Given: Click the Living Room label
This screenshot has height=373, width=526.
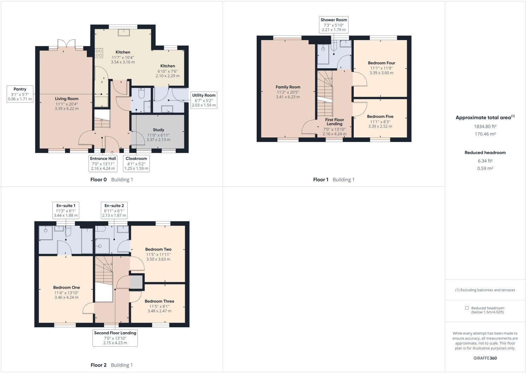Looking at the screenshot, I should click(x=66, y=99).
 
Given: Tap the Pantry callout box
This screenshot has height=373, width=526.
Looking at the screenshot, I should click(x=20, y=94).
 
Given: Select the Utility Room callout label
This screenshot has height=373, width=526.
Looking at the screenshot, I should click(x=204, y=100).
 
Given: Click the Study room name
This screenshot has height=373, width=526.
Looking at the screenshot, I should click(x=158, y=130).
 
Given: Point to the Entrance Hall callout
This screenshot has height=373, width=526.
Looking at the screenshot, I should click(x=103, y=163).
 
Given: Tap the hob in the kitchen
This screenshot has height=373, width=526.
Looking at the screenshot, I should click(x=99, y=53).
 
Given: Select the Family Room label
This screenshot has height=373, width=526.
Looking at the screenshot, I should click(x=288, y=87).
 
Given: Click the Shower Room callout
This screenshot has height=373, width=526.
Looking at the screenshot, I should click(x=333, y=25).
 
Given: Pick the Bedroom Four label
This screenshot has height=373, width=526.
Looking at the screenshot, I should click(x=381, y=63).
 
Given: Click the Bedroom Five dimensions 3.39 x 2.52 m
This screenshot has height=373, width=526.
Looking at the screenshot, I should click(x=380, y=127).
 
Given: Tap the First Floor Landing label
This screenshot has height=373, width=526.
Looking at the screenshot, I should click(x=334, y=122).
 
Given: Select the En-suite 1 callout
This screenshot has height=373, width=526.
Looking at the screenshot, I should click(x=66, y=211).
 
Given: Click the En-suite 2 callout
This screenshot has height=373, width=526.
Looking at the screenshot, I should click(x=114, y=211).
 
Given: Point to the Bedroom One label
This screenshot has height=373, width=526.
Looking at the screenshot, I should click(x=66, y=288).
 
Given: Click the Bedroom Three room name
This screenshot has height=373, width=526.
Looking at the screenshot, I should click(x=159, y=301).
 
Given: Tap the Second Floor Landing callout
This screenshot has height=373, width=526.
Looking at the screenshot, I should click(x=115, y=338).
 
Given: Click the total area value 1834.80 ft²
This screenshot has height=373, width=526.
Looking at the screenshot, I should click(x=485, y=127).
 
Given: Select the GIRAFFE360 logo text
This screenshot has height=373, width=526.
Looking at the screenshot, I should click(x=485, y=358).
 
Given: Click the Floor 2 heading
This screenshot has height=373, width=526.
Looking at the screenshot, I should click(x=98, y=365).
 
